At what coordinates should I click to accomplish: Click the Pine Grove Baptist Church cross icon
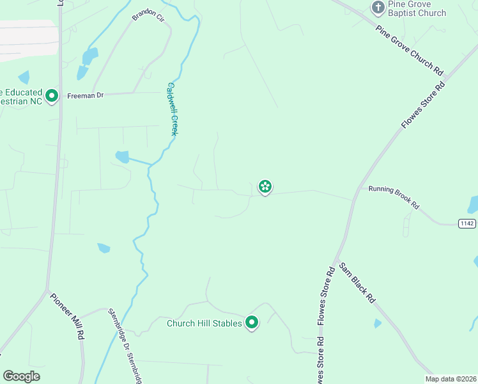pos(378,8)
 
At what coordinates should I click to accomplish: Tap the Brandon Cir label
pos(149,16)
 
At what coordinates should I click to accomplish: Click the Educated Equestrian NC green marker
pos(52,97)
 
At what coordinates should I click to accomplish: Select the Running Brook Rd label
pos(394,197)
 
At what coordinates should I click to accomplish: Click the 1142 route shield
pos(467,222)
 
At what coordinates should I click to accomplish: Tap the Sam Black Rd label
pos(357,282)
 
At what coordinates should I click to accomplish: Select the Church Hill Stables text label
pos(204,323)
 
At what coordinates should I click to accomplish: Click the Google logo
pos(21,376)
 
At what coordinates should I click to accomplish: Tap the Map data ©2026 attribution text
pos(451,379)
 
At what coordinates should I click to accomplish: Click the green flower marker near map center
pos(265,186)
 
